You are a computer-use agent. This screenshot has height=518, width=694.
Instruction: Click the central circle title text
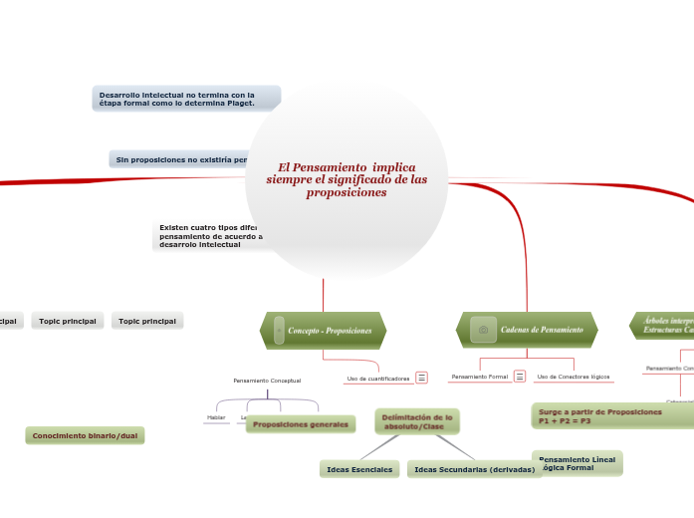[x=347, y=179]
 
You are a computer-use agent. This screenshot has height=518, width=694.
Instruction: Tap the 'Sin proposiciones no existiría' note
[x=179, y=159]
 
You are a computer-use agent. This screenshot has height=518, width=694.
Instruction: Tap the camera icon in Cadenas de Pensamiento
[x=483, y=329]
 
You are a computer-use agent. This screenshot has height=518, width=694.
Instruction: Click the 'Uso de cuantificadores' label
[x=377, y=379]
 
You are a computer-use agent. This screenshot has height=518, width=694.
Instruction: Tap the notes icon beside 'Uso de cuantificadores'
[x=422, y=378]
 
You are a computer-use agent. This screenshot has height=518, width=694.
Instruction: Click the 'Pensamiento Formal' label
[x=479, y=377]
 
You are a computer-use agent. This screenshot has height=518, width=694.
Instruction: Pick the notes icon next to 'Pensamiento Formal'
[x=520, y=377]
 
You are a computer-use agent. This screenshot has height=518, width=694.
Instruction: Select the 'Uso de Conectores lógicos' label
[x=573, y=377]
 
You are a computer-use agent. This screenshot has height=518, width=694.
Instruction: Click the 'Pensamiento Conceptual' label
[x=267, y=381]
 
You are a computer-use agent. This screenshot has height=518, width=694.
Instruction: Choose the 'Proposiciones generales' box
[x=300, y=424]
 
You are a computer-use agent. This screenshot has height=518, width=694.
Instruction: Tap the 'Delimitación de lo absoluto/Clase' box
[x=417, y=421]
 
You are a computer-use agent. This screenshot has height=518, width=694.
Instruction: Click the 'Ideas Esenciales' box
[x=359, y=468]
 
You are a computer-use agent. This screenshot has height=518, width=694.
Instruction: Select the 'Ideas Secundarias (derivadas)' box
[x=474, y=468]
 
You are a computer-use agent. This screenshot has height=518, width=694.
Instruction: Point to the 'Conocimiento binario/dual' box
[x=85, y=435]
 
